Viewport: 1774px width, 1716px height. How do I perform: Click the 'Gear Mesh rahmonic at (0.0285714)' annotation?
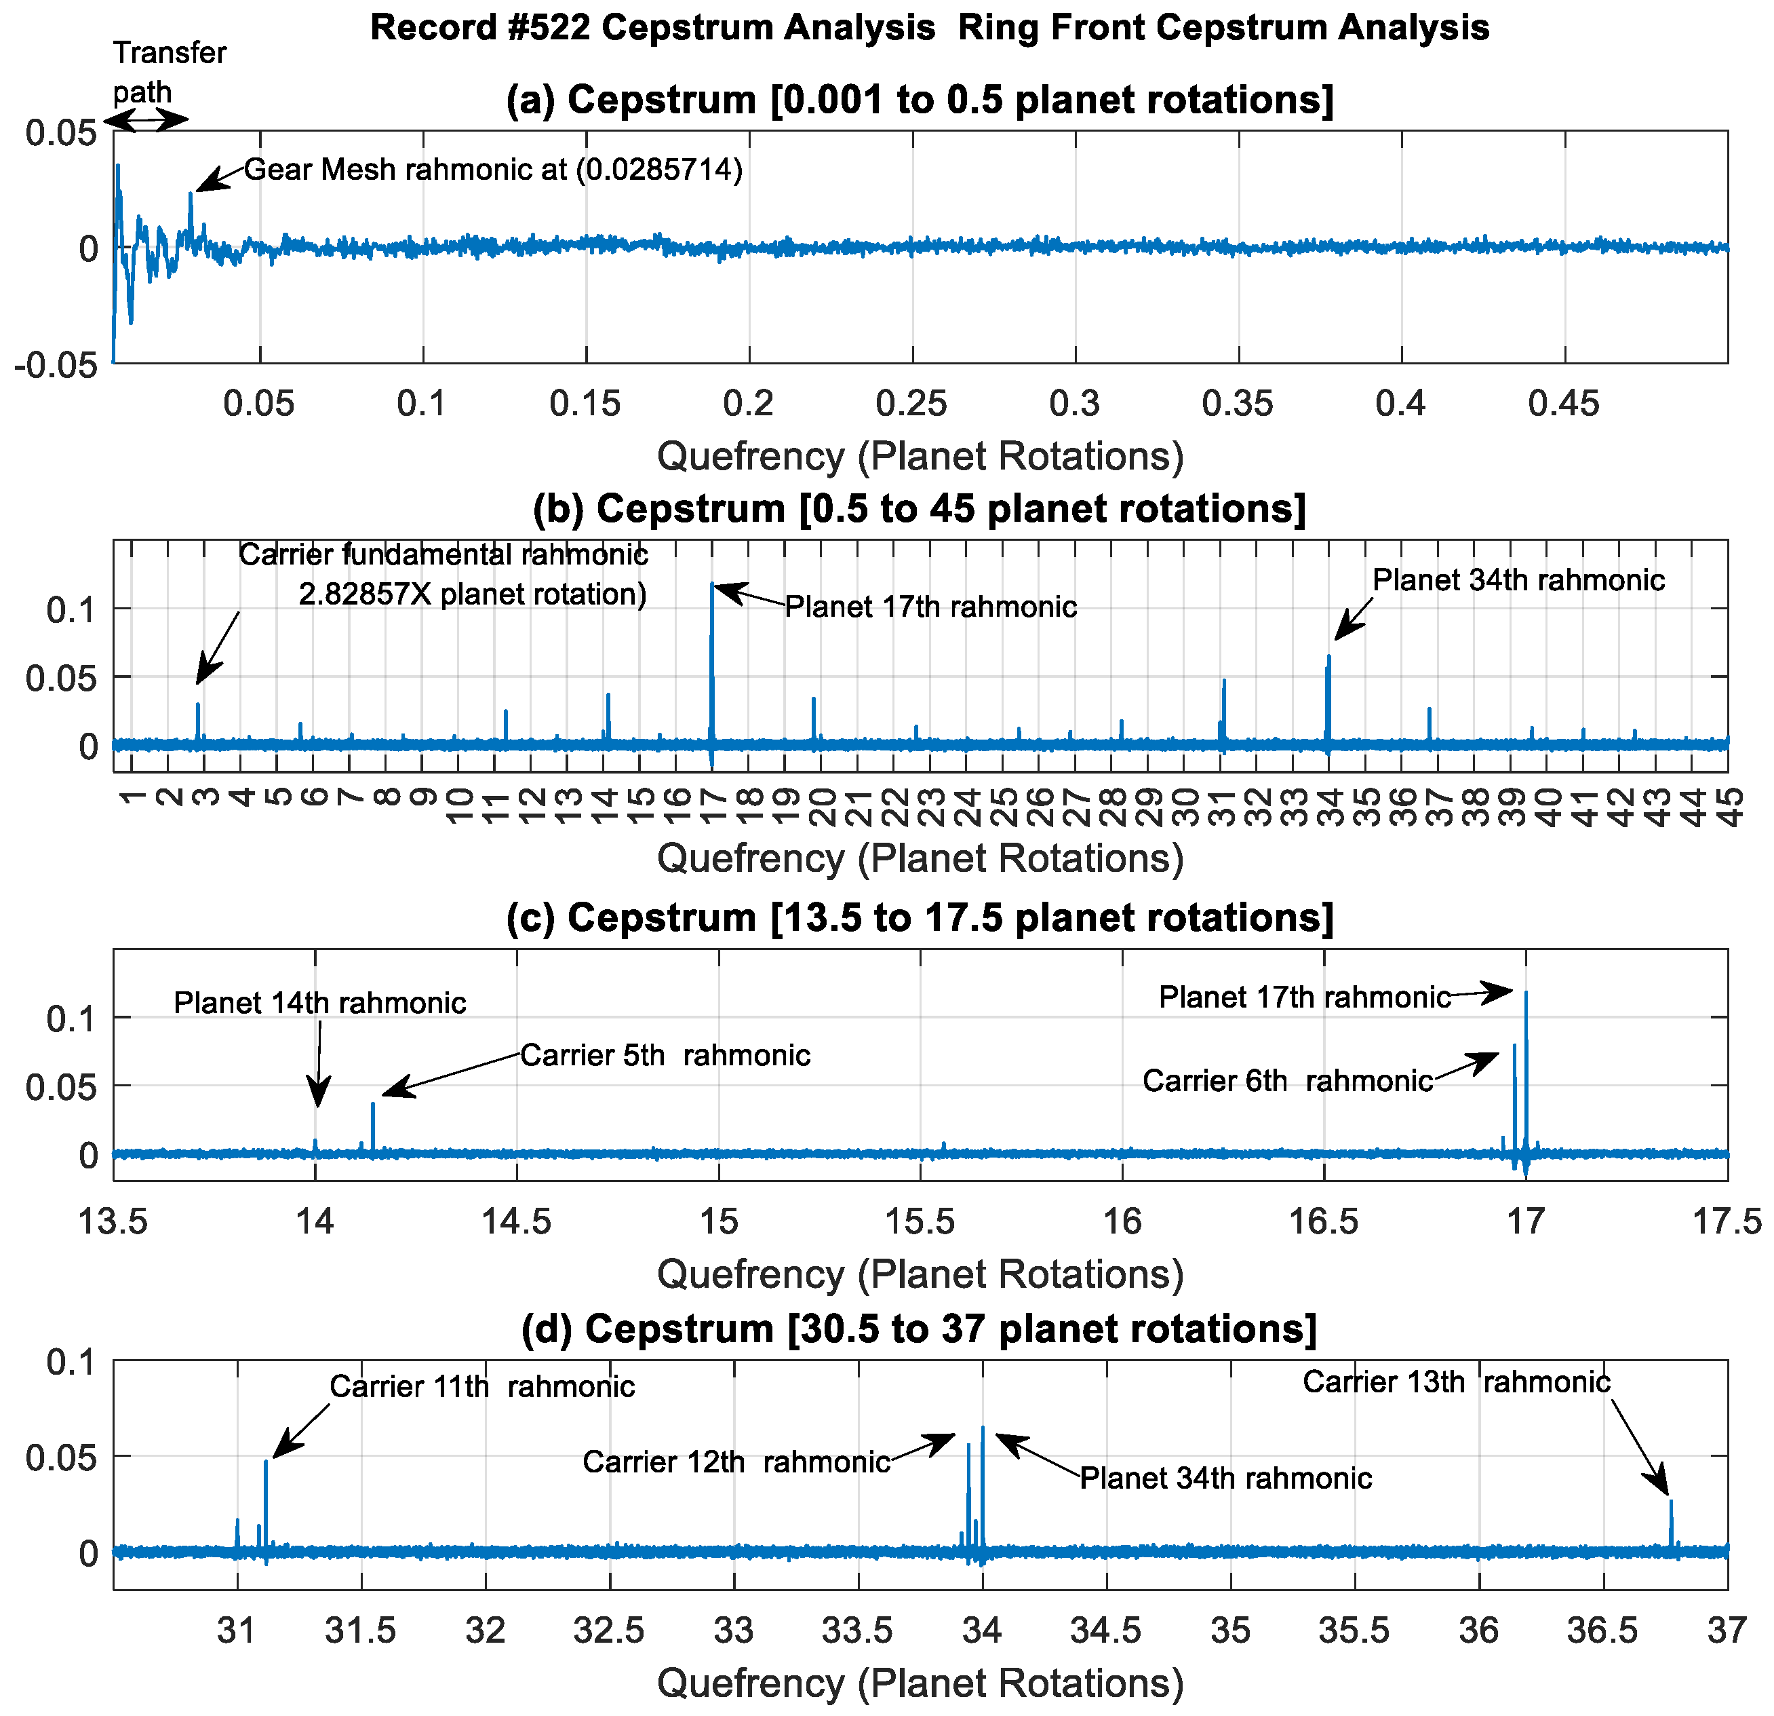tap(493, 170)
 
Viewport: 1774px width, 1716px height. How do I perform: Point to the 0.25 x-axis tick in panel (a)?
tap(911, 403)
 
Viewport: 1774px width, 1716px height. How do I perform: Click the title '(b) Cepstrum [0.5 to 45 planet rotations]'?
tap(919, 509)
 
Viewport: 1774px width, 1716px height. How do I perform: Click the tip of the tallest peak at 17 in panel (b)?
tap(712, 584)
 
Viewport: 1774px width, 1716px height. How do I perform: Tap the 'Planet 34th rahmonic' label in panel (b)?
tap(1518, 579)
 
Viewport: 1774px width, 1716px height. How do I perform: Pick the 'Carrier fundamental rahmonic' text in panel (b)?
tap(443, 554)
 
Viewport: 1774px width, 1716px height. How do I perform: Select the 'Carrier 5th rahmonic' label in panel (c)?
tap(665, 1055)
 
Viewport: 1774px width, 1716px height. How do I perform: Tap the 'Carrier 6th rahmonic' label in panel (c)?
tap(1287, 1080)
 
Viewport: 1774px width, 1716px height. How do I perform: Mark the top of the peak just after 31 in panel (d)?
tap(266, 1462)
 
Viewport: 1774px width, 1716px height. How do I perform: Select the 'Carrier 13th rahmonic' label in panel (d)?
tap(1455, 1382)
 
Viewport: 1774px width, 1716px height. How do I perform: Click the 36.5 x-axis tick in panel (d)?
tap(1603, 1631)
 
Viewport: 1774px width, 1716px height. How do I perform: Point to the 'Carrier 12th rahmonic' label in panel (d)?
tap(736, 1462)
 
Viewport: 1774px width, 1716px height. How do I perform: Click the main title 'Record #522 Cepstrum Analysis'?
tap(652, 27)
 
